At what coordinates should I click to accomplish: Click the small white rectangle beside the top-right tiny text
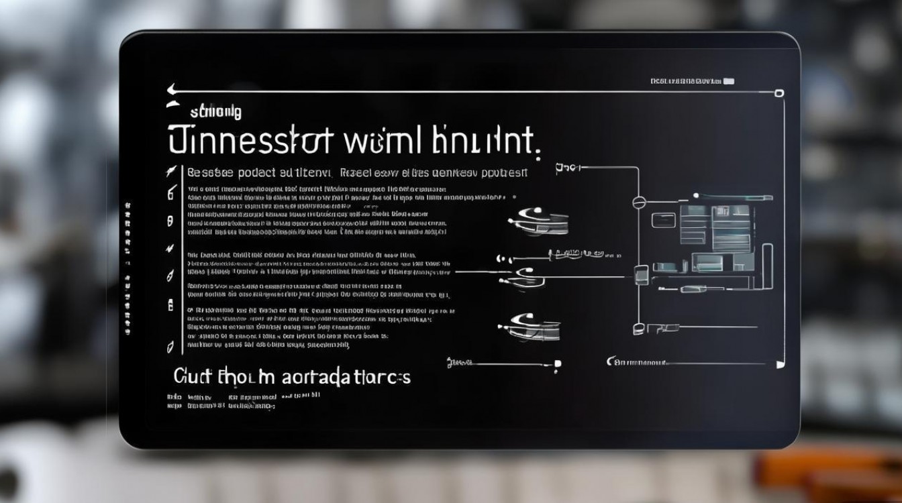(728, 81)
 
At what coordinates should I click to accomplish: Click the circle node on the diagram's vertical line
(638, 201)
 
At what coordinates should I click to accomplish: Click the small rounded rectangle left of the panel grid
(662, 219)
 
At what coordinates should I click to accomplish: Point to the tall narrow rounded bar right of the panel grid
(768, 267)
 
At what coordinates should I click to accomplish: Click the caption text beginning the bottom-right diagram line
(638, 362)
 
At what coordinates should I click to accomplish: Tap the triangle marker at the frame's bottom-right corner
(780, 364)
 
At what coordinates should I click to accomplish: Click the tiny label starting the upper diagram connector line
(566, 168)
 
